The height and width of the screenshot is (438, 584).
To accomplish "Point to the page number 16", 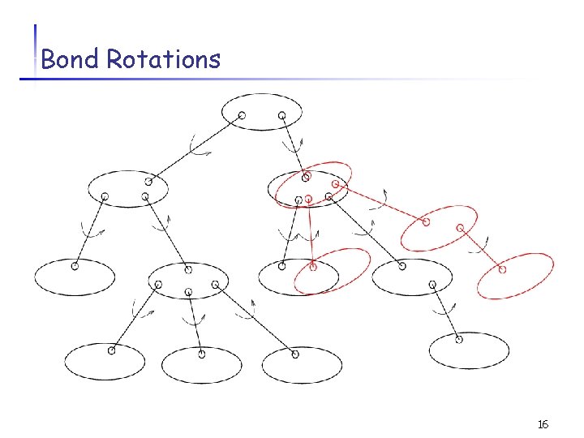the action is pos(543,424).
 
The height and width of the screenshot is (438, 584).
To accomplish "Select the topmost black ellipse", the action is pos(261,112).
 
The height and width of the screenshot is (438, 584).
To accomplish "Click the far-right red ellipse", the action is pos(516,276).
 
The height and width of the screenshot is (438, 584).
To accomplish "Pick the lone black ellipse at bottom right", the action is pos(469,350).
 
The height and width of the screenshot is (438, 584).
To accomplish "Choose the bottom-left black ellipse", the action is pos(104,362).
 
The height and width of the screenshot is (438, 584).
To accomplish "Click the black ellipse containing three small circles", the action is pos(188,281).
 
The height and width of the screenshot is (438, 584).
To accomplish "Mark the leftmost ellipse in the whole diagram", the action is pos(74,277).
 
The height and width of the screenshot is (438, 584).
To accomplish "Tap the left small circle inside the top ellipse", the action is pos(242,116).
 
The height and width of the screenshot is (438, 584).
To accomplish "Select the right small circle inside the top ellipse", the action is pos(281,116).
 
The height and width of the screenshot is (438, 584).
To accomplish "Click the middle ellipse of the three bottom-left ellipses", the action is pos(201,364).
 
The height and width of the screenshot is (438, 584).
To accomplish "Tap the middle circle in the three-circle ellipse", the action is pos(187,293).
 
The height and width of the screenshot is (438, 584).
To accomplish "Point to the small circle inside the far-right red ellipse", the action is pos(502,268).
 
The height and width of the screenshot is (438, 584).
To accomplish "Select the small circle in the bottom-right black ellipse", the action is pos(458,340).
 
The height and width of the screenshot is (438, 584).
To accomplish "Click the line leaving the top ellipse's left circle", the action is pos(195,148).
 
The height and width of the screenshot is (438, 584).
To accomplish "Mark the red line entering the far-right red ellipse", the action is pos(481,248).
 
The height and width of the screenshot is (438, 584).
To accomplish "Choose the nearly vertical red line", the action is pos(311,233).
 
